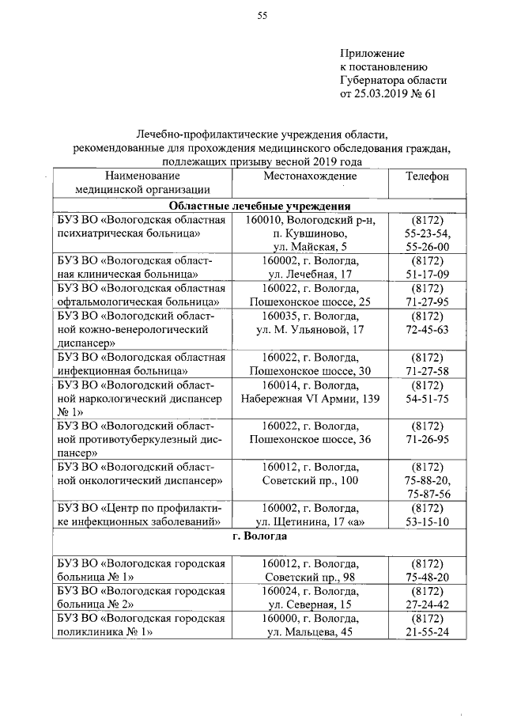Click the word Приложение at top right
(372, 53)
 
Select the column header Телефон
(427, 176)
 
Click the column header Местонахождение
(310, 176)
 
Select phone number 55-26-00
(427, 247)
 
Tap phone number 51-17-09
(427, 275)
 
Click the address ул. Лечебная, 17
(310, 275)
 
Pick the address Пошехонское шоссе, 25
(310, 302)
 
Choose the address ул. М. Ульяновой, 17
(310, 329)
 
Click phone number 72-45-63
(427, 329)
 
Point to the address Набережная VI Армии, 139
(310, 398)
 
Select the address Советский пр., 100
(310, 480)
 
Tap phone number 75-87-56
(427, 494)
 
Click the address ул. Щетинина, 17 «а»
(310, 521)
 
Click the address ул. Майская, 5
(310, 247)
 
